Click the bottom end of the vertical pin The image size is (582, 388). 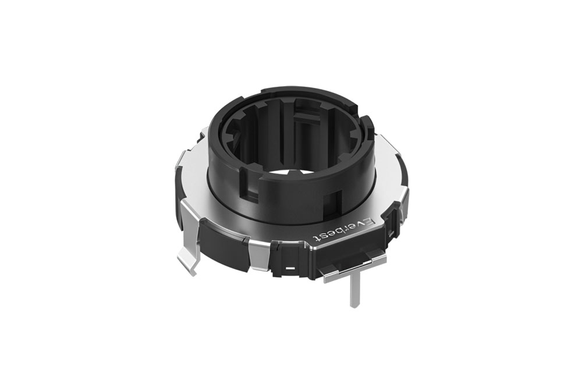(x=353, y=305)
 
